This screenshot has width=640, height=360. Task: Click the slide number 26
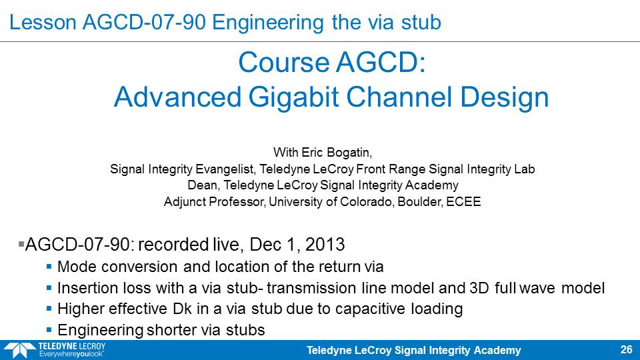(626, 349)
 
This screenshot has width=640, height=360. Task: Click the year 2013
(325, 245)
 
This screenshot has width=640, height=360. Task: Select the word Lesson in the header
(43, 22)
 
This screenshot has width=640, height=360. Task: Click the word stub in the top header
(421, 22)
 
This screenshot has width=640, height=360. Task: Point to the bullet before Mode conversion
(49, 267)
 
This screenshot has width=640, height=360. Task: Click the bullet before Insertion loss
(49, 288)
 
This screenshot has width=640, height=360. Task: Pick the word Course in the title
(284, 63)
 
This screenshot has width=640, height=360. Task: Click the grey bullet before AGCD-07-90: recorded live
(21, 244)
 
